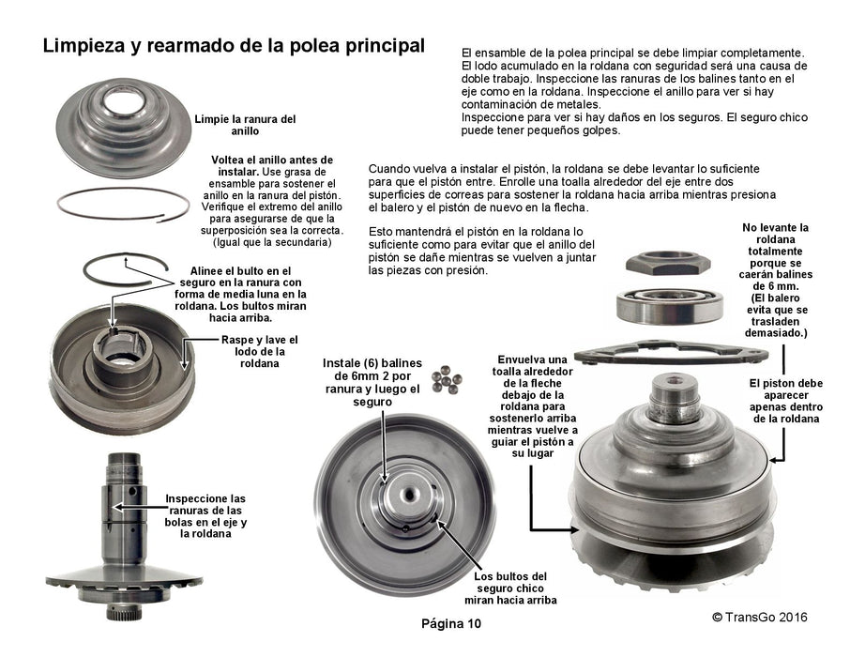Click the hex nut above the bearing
(x=668, y=263)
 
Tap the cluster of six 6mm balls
(x=447, y=379)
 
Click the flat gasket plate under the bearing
(x=671, y=353)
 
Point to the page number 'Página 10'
(x=451, y=623)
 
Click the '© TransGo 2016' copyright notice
(x=760, y=617)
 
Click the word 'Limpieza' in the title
(x=83, y=46)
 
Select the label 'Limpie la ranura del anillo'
(x=245, y=125)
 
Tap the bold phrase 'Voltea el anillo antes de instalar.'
(x=271, y=165)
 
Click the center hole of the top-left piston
(x=123, y=101)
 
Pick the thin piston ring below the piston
(x=123, y=205)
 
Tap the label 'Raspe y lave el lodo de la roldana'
(x=260, y=352)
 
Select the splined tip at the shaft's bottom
(x=125, y=611)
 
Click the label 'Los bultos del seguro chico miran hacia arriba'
(x=510, y=588)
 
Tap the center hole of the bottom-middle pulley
(x=408, y=495)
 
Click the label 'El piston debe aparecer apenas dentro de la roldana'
(x=786, y=401)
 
